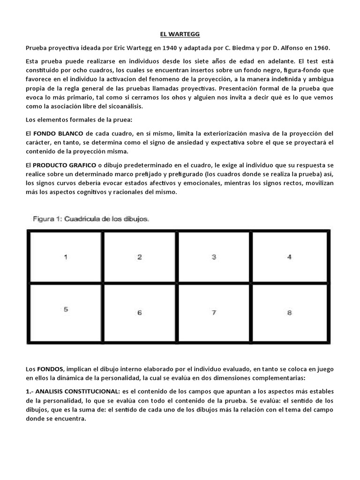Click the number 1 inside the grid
point(66,257)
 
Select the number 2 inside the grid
point(139,257)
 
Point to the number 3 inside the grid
point(214,257)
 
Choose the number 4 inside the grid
point(289,257)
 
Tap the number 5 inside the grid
point(66,309)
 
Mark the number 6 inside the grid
point(139,313)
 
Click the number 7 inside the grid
point(214,313)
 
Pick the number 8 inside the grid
point(289,313)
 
